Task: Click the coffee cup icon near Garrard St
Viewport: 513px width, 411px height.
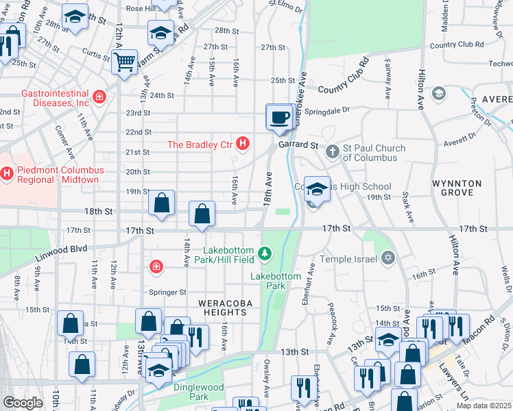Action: [278, 117]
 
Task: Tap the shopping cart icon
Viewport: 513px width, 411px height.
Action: [125, 62]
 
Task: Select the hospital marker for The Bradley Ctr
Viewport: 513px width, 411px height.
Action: [242, 144]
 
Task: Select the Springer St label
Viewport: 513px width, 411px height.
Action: [168, 292]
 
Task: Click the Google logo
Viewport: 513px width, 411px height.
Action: [23, 403]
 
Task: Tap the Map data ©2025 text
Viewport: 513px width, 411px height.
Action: [484, 406]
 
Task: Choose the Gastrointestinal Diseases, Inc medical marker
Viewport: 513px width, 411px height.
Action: [100, 97]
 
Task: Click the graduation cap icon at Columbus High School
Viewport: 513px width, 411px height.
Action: [316, 189]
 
